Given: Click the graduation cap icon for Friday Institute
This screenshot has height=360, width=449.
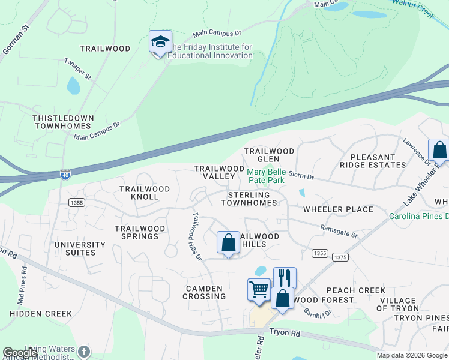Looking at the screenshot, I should pyautogui.click(x=160, y=42).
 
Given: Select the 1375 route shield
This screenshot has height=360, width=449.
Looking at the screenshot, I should pyautogui.click(x=340, y=257).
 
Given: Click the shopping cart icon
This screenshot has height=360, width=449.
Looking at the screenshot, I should pyautogui.click(x=259, y=289).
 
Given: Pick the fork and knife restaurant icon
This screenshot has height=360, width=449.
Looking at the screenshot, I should pyautogui.click(x=285, y=278).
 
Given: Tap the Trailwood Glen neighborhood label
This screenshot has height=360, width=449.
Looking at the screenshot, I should pyautogui.click(x=268, y=155).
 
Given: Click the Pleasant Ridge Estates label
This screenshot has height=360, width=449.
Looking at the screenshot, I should pyautogui.click(x=373, y=161).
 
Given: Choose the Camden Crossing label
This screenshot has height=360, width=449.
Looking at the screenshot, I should pyautogui.click(x=205, y=292).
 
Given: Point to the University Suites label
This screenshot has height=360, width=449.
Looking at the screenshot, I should pyautogui.click(x=80, y=248).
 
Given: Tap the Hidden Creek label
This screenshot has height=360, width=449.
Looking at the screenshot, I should pyautogui.click(x=41, y=313).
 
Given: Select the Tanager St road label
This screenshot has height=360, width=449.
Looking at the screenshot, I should pyautogui.click(x=78, y=69).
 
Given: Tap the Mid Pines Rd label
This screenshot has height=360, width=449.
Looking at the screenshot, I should pyautogui.click(x=22, y=284).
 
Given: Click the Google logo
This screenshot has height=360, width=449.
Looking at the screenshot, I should pyautogui.click(x=20, y=353).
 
